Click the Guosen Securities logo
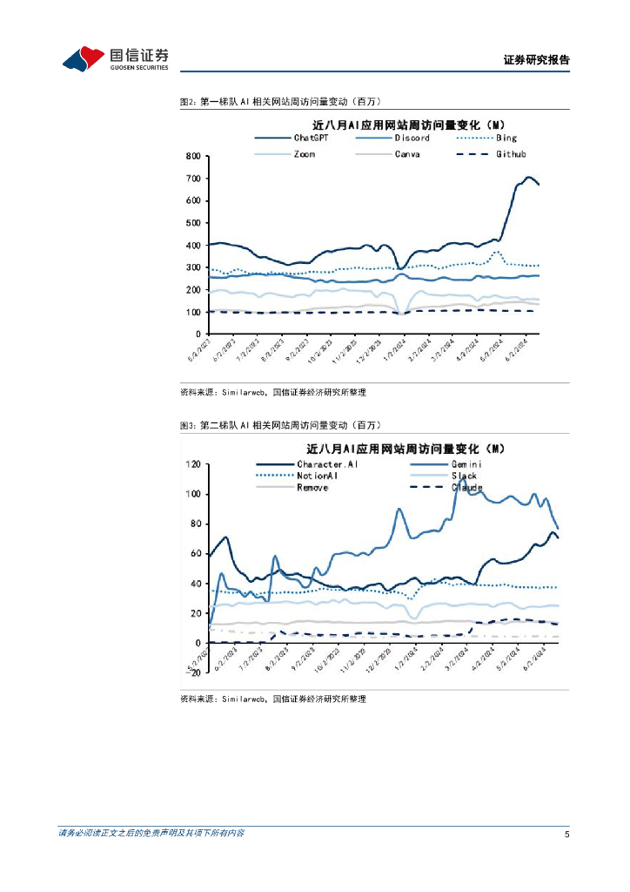point(115,58)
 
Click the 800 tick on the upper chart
point(192,156)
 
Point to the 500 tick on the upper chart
point(192,223)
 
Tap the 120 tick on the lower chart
point(191,464)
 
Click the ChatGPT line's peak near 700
point(528,177)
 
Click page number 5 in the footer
point(566,834)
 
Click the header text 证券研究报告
point(536,60)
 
